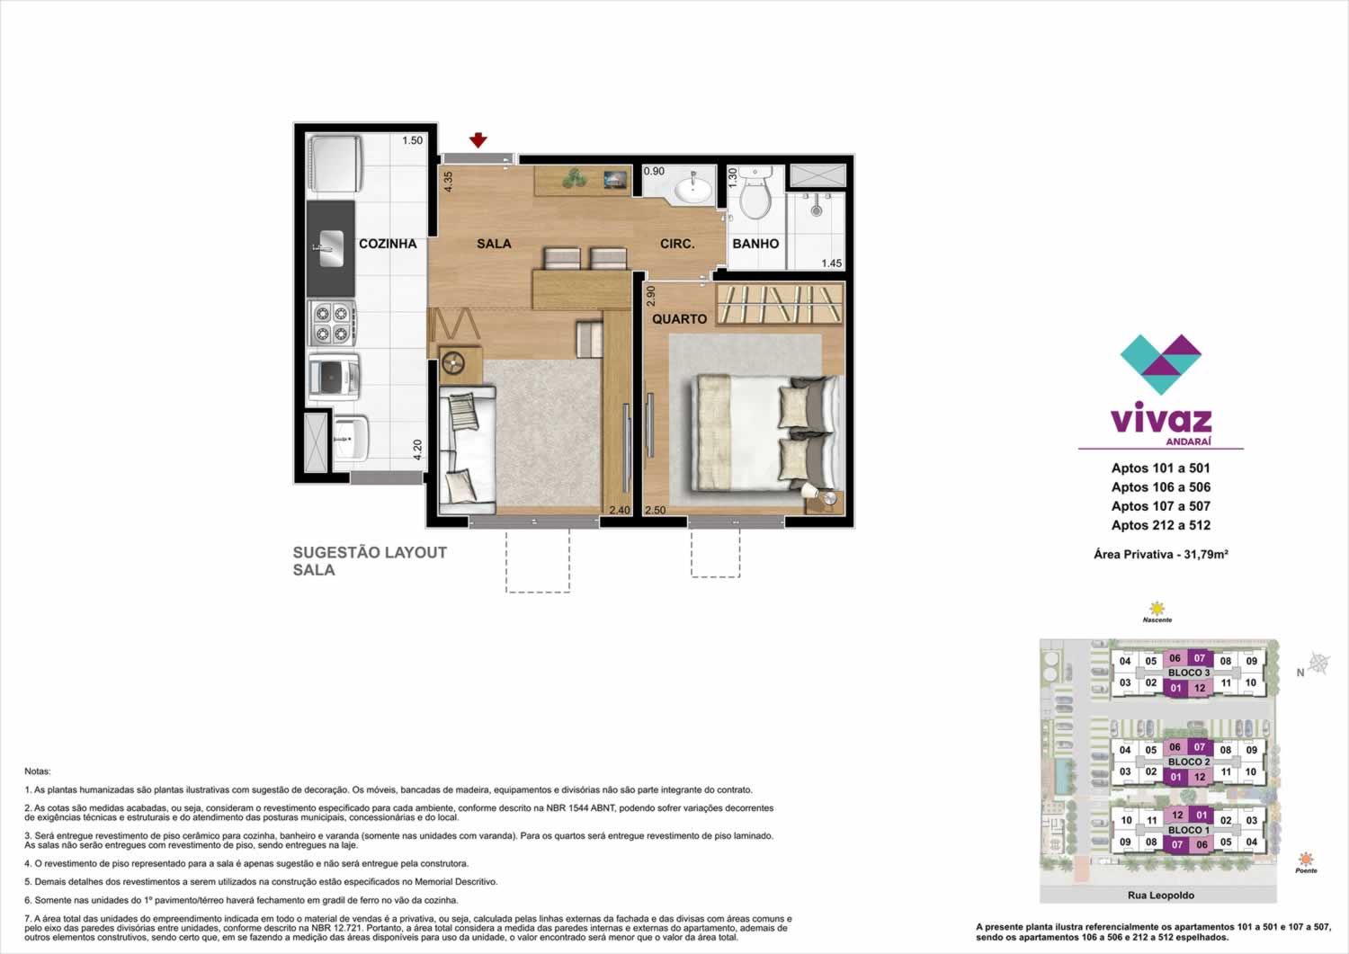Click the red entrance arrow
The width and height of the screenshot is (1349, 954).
tap(478, 140)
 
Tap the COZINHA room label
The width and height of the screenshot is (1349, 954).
tap(388, 244)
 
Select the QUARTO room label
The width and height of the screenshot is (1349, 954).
tap(679, 319)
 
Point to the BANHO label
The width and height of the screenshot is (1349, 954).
tap(755, 244)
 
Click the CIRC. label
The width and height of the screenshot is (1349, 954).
tap(677, 244)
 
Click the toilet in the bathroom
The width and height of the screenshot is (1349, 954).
tap(755, 192)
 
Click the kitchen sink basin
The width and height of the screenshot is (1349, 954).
tap(331, 248)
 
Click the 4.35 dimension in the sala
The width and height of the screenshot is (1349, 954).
tap(448, 182)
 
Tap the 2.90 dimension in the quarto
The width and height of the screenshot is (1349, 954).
tap(650, 296)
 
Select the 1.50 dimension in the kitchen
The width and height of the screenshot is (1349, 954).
tap(413, 140)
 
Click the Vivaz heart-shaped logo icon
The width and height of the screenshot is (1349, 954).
tap(1160, 364)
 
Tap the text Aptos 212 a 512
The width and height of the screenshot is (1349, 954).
tap(1160, 525)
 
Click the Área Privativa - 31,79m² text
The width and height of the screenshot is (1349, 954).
tap(1160, 554)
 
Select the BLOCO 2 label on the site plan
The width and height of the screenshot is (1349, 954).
tap(1189, 762)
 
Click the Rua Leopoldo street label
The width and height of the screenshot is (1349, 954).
tap(1160, 896)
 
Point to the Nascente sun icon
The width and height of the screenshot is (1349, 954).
tap(1157, 608)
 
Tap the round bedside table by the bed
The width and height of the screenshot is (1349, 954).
tap(829, 499)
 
